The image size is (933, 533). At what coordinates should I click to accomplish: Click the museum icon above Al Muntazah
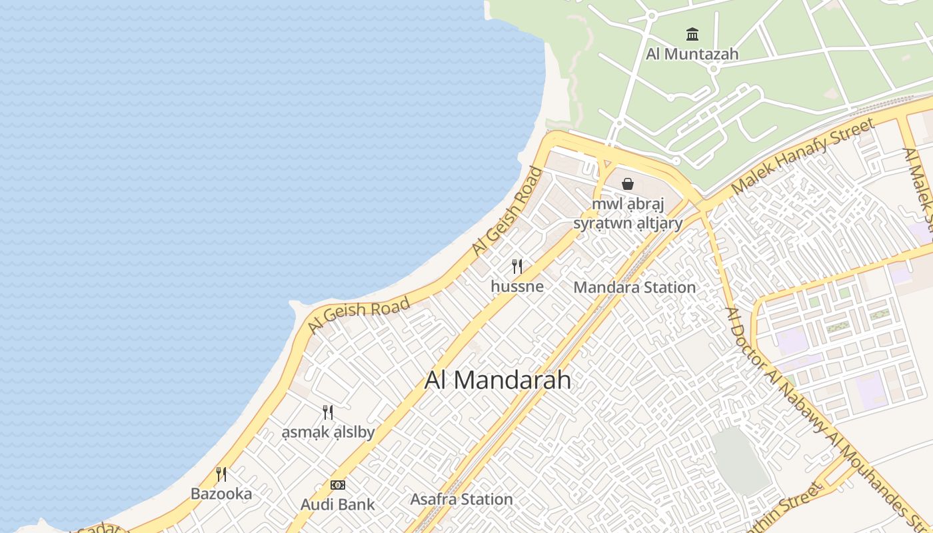692,34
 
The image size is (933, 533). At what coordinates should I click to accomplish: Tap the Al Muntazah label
692,54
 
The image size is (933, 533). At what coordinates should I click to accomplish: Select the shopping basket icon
627,184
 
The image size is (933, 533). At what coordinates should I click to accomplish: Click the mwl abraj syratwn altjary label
628,214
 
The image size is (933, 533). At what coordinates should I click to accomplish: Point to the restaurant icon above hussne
517,266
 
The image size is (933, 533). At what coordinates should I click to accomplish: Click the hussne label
517,286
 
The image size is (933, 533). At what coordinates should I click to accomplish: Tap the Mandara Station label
634,287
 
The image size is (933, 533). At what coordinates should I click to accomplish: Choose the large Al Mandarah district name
498,380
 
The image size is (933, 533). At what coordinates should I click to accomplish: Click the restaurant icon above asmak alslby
327,412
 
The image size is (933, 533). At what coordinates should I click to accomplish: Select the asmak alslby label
327,432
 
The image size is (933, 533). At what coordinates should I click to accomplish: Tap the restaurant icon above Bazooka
221,474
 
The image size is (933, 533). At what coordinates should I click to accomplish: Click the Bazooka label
221,494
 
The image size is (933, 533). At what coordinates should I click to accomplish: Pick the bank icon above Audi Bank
338,485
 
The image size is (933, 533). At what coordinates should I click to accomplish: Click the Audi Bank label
338,504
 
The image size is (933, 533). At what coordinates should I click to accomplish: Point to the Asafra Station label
461,499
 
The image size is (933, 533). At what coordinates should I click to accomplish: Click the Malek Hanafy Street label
802,157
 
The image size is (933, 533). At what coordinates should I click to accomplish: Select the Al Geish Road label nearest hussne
507,211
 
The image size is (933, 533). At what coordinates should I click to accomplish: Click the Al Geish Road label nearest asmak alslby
359,316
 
